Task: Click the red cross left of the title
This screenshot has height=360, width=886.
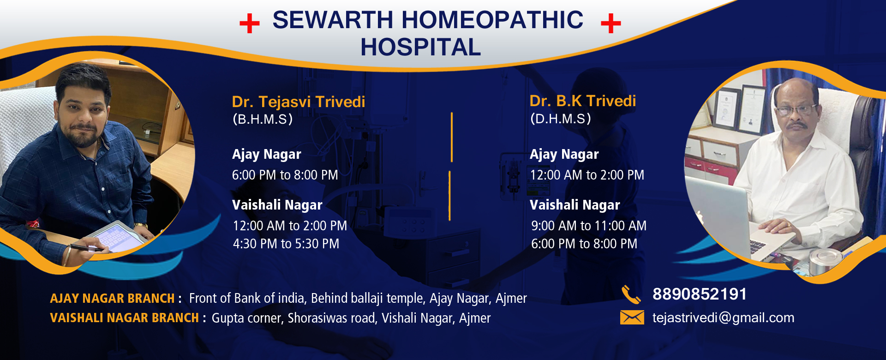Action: click(x=250, y=23)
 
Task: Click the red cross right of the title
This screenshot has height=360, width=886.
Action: click(x=611, y=23)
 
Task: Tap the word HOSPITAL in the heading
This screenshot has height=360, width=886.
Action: click(x=420, y=47)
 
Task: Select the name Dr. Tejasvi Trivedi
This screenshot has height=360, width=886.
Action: click(x=299, y=102)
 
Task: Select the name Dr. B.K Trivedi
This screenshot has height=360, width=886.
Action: click(x=583, y=101)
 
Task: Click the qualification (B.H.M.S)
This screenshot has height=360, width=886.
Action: click(x=263, y=119)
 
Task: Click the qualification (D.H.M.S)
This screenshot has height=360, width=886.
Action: click(x=561, y=119)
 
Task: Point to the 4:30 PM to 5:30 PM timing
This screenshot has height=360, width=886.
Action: click(x=286, y=244)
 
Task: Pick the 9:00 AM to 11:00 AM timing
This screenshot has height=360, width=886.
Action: click(x=589, y=226)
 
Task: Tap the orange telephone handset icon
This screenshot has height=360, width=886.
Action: click(x=631, y=294)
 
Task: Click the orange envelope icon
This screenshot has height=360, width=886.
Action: click(x=632, y=318)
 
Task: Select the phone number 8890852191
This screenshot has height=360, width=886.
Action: click(x=700, y=294)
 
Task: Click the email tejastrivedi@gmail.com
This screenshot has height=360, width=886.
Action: click(x=724, y=318)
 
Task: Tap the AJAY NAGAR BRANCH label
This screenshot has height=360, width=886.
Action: click(x=112, y=299)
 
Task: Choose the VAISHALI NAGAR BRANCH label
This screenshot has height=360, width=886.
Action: click(x=124, y=318)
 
